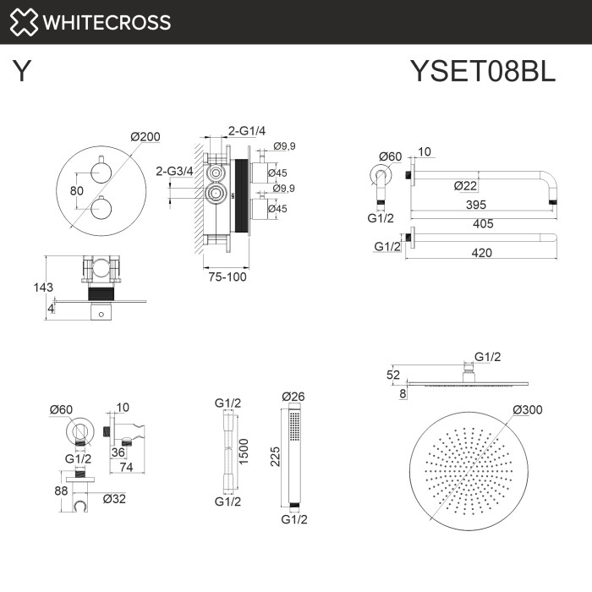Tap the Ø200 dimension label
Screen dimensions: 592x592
pos(145,138)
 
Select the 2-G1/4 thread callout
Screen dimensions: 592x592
pos(247,130)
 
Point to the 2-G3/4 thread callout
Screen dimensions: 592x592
pos(174,171)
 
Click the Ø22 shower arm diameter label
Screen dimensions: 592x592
pos(467,186)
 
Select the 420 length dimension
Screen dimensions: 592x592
pos(481,251)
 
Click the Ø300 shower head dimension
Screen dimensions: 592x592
pos(527,410)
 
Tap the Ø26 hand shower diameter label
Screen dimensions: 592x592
pos(293,396)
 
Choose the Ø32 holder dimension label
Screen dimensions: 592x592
pos(115,498)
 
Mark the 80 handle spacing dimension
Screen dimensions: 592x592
pos(76,191)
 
